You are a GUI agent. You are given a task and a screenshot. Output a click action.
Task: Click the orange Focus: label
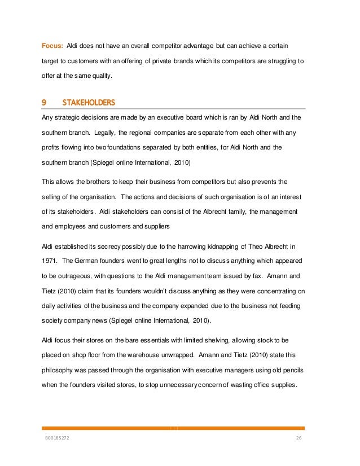point(52,45)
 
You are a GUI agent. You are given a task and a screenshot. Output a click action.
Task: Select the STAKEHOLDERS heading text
point(89,103)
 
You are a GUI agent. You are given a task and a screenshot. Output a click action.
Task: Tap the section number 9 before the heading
point(45,103)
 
